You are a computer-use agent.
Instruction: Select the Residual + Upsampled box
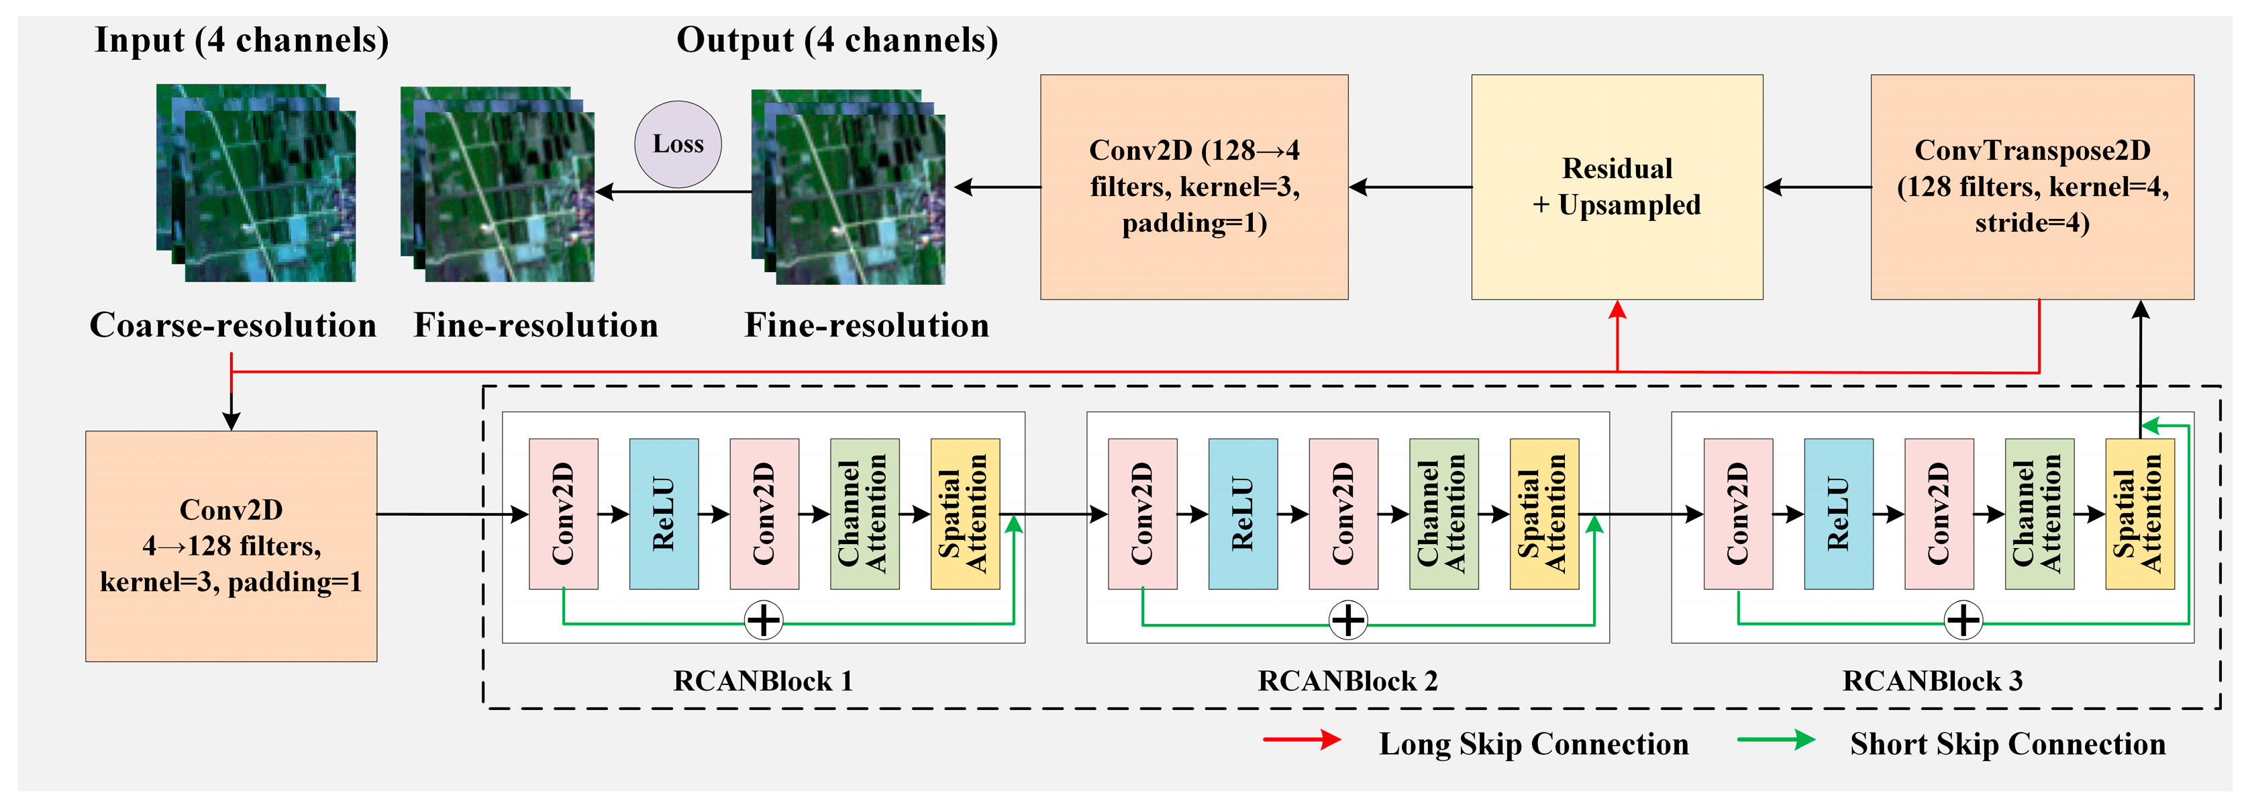pyautogui.click(x=1617, y=187)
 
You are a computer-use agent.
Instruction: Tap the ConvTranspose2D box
pyautogui.click(x=2031, y=187)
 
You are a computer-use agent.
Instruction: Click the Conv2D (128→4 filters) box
pyautogui.click(x=1194, y=187)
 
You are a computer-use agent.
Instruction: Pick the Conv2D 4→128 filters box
pyautogui.click(x=231, y=546)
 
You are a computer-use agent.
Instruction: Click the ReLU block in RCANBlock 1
pyautogui.click(x=664, y=514)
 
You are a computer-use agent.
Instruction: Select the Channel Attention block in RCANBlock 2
pyautogui.click(x=1443, y=514)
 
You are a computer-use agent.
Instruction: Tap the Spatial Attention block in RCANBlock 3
pyautogui.click(x=2139, y=514)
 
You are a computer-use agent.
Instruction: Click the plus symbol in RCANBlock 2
pyautogui.click(x=1348, y=621)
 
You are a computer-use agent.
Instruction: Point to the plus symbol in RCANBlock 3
pyautogui.click(x=1963, y=621)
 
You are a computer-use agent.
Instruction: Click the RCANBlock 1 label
pyautogui.click(x=763, y=681)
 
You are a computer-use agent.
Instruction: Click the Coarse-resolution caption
pyautogui.click(x=233, y=325)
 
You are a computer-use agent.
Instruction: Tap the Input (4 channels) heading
pyautogui.click(x=242, y=40)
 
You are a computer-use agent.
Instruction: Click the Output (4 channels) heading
pyautogui.click(x=837, y=40)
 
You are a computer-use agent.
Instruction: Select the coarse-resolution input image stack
pyautogui.click(x=256, y=183)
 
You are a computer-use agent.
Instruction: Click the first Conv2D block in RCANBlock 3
pyautogui.click(x=1738, y=514)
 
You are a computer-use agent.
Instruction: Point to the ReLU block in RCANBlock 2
pyautogui.click(x=1243, y=514)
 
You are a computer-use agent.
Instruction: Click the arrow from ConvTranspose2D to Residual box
pyautogui.click(x=1817, y=187)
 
